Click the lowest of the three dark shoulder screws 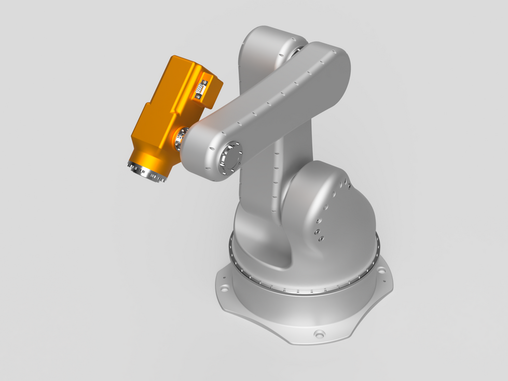point(321,238)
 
